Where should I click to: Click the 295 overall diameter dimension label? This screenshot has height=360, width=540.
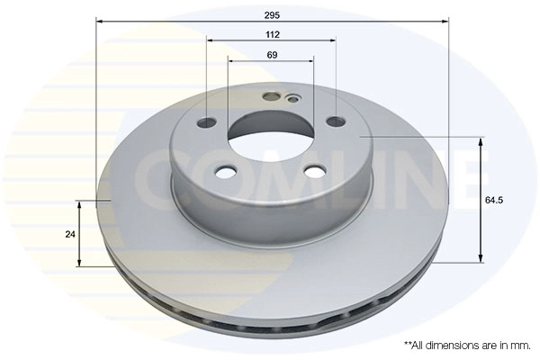[x=272, y=15]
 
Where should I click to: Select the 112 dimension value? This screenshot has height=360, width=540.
[x=273, y=35]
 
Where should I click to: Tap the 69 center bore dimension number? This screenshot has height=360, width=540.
[x=272, y=55]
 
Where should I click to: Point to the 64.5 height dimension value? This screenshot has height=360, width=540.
[x=494, y=200]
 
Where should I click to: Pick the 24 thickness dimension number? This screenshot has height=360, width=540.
[x=70, y=235]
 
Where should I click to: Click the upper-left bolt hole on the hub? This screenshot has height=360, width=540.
[x=208, y=122]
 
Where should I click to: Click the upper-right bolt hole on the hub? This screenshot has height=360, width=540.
[x=336, y=121]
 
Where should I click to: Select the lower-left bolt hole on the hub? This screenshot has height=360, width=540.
[x=226, y=171]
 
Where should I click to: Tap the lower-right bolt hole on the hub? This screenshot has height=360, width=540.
[x=316, y=170]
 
